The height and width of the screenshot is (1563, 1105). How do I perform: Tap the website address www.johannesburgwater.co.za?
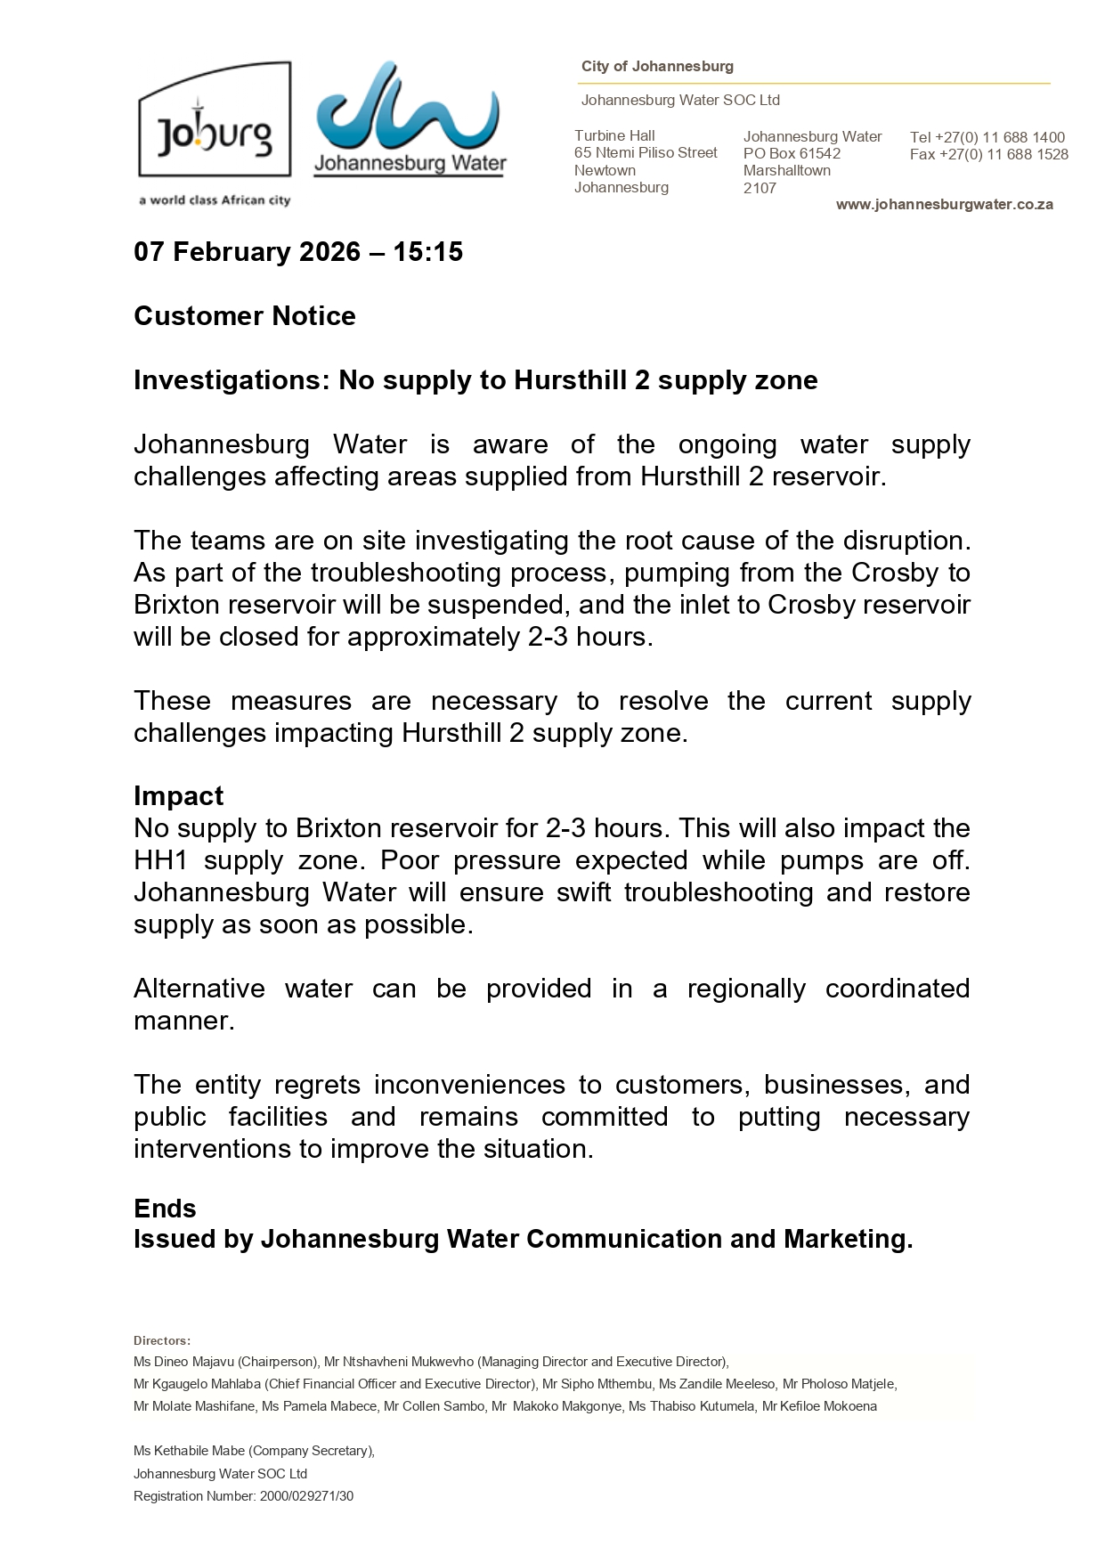coord(944,205)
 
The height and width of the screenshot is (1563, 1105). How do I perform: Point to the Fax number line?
coord(988,155)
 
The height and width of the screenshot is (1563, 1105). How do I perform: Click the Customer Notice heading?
coord(244,316)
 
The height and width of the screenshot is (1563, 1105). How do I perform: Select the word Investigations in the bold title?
coord(232,380)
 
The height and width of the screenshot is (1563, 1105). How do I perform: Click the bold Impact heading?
coord(178,796)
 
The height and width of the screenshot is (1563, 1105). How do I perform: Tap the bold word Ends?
coord(165,1209)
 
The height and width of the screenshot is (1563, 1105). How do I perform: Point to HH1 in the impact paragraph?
coord(158,861)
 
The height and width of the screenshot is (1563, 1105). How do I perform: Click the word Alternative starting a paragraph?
coord(199,989)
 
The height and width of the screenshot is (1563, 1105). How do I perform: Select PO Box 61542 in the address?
coord(792,153)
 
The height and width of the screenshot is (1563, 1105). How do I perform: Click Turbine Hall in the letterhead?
coord(614,136)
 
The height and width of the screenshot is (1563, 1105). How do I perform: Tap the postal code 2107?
coord(760,188)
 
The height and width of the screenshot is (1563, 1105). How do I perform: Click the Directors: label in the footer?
coord(162,1340)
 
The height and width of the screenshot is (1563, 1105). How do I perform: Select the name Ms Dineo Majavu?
coord(183,1362)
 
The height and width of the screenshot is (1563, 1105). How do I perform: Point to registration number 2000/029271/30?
coord(306,1496)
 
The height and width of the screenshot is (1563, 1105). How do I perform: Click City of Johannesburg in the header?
coord(657,67)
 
